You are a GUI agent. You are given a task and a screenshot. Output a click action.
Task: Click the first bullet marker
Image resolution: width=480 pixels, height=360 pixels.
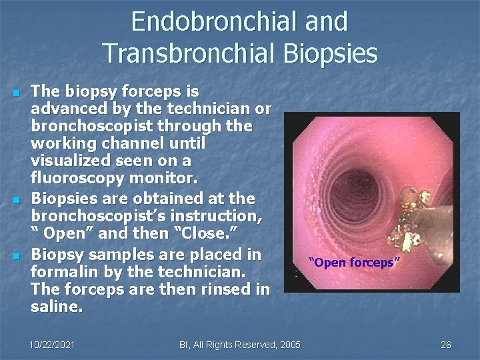15,92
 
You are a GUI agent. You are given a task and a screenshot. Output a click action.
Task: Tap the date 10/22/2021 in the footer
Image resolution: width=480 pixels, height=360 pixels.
52,345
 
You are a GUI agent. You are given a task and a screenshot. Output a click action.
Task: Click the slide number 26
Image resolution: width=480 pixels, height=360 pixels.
446,345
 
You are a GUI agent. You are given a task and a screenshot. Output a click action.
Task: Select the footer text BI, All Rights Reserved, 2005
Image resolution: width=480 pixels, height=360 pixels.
240,345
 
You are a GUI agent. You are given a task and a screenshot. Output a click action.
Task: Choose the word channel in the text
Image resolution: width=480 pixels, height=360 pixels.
131,144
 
